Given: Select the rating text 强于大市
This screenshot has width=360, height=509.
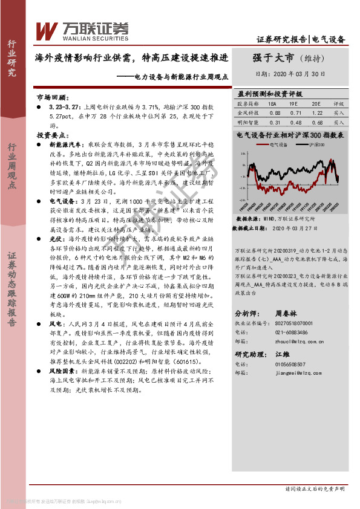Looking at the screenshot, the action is pos(273,59).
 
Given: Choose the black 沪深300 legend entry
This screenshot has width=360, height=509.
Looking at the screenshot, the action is pos(315,145).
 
